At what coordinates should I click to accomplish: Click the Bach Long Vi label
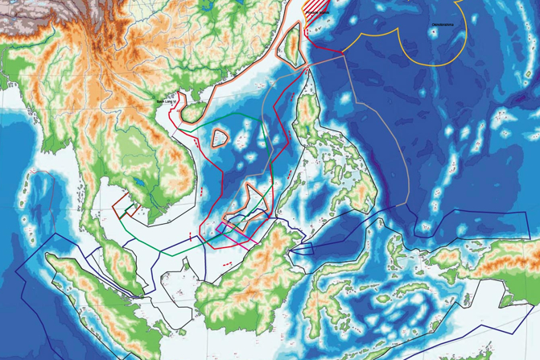click(x=167, y=101)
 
